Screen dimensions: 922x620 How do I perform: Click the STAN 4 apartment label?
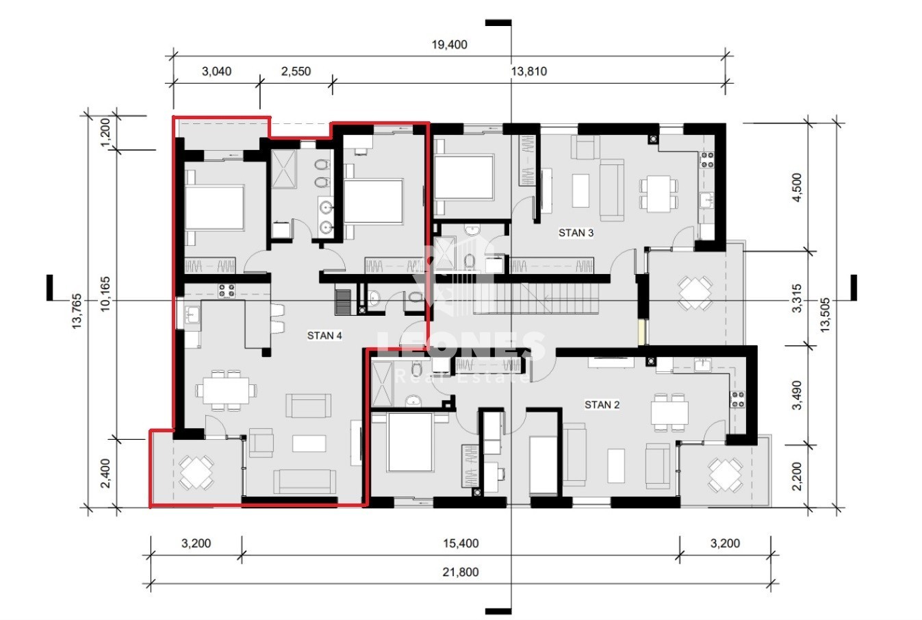pyautogui.click(x=324, y=336)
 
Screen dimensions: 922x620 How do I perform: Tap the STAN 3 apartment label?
pyautogui.click(x=576, y=233)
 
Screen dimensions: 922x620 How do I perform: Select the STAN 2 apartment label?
pyautogui.click(x=602, y=405)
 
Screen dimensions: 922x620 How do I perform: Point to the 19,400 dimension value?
pyautogui.click(x=450, y=45)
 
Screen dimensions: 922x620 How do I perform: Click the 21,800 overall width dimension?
pyautogui.click(x=461, y=572)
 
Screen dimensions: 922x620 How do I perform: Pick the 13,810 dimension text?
pyautogui.click(x=529, y=71)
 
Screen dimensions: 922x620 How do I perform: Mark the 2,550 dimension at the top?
pyautogui.click(x=296, y=71)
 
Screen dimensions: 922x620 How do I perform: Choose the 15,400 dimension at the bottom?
pyautogui.click(x=461, y=543)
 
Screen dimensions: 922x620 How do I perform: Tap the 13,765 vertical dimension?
pyautogui.click(x=77, y=311)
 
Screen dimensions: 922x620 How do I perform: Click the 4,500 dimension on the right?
pyautogui.click(x=797, y=188)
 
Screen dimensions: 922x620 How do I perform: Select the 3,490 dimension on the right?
pyautogui.click(x=797, y=395)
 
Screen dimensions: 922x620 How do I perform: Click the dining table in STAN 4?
pyautogui.click(x=226, y=390)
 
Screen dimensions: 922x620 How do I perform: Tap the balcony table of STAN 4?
pyautogui.click(x=196, y=472)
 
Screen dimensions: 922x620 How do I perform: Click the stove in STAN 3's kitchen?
pyautogui.click(x=707, y=160)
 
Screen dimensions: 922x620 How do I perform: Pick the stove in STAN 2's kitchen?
pyautogui.click(x=737, y=399)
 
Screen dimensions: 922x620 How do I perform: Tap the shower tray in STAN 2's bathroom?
pyautogui.click(x=381, y=384)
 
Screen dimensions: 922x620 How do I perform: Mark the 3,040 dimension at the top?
pyautogui.click(x=216, y=71)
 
